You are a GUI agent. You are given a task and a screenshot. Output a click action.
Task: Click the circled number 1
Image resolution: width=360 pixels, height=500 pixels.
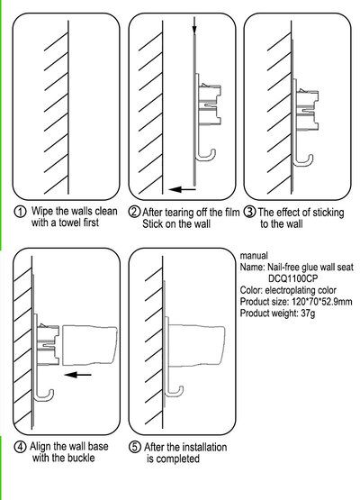20,212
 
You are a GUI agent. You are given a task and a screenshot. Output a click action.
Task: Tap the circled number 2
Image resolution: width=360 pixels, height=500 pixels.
134,212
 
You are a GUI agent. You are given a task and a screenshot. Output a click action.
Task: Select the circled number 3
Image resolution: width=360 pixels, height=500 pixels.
250,212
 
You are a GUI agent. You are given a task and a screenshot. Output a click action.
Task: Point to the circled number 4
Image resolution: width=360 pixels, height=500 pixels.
20,447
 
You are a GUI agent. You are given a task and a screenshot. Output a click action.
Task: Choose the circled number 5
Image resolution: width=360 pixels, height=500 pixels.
135,447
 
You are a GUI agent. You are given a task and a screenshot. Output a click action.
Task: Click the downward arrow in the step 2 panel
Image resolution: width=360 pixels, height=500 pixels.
194,25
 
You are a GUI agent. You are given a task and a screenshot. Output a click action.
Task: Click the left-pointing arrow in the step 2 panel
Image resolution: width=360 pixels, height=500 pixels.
182,189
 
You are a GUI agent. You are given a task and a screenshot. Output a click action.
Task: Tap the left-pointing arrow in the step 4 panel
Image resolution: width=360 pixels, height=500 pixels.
77,375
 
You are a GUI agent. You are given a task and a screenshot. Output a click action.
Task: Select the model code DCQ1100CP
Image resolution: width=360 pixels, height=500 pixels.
292,278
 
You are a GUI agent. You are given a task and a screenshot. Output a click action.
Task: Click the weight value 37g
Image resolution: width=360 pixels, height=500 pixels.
308,314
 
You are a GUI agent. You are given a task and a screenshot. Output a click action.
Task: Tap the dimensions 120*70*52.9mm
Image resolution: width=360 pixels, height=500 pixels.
322,302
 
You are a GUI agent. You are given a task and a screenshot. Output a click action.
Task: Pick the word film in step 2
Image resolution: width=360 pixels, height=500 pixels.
230,213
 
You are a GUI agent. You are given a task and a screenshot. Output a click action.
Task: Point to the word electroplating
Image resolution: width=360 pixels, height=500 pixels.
290,290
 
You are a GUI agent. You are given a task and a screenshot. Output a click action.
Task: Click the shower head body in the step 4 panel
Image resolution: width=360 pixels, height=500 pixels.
90,345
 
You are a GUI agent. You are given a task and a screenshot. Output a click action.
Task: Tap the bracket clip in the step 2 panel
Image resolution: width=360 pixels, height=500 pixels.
210,104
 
